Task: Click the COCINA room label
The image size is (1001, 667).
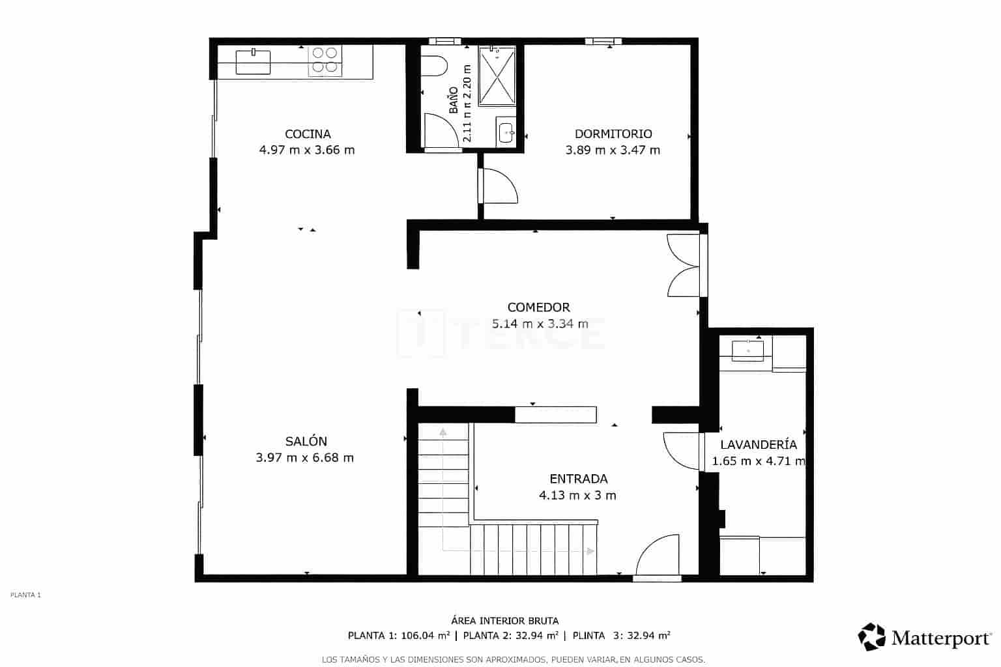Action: (x=308, y=134)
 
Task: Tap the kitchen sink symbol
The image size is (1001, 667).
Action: (x=253, y=61)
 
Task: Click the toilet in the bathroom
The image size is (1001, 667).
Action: (x=435, y=66)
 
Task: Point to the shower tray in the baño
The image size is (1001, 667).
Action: (x=497, y=76)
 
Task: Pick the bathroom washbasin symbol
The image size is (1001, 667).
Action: (x=506, y=132)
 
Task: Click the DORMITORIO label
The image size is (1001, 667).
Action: (x=613, y=134)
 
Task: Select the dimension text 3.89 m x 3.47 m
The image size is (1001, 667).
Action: (x=613, y=150)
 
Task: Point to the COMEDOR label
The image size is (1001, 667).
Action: (x=538, y=307)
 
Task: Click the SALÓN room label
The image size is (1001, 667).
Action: (x=306, y=442)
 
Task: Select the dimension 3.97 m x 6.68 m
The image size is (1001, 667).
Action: (x=305, y=458)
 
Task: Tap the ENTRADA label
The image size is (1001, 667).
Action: (x=578, y=479)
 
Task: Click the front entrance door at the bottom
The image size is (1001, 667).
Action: (x=657, y=558)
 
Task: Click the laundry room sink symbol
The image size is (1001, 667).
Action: (x=747, y=350)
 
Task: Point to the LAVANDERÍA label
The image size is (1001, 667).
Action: (x=759, y=445)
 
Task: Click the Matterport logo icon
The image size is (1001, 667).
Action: (x=871, y=636)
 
